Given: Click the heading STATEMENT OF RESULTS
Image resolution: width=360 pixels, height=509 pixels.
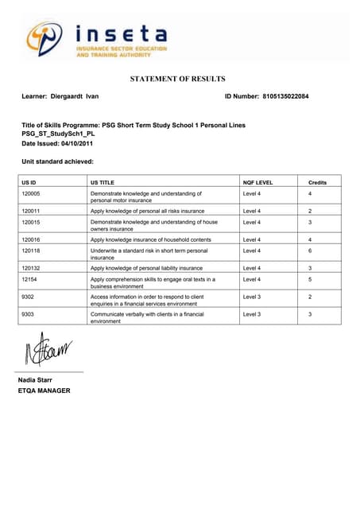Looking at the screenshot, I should click(177, 79).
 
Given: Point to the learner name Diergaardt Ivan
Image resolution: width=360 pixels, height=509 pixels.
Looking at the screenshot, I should click(80, 96).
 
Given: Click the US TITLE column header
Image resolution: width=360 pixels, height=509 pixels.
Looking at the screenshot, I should click(103, 182).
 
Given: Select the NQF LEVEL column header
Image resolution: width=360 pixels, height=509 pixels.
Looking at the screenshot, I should click(257, 182).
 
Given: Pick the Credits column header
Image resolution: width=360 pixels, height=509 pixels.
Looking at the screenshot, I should click(317, 182).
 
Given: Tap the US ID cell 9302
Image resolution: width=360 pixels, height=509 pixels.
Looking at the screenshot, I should click(28, 296).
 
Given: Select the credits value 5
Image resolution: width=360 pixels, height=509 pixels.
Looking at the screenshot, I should click(310, 280).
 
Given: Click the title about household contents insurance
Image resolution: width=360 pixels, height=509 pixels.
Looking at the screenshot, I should click(150, 239).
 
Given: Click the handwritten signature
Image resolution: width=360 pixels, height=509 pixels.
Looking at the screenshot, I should click(48, 348).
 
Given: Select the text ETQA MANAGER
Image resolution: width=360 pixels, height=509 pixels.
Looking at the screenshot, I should click(45, 390).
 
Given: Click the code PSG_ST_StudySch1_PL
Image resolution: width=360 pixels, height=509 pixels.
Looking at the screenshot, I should click(58, 134).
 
